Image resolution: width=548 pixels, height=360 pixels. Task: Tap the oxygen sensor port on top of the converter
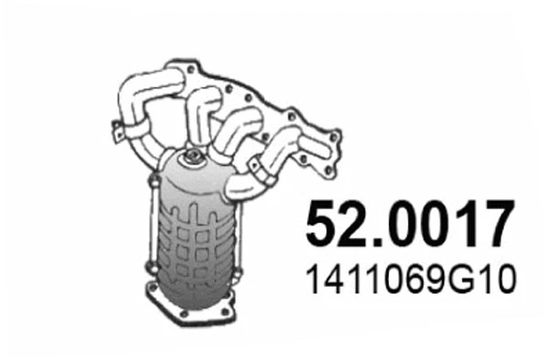click(194, 163)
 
